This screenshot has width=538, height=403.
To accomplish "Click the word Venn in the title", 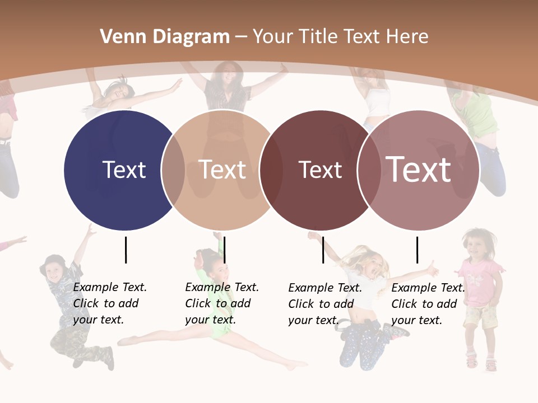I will (119, 37).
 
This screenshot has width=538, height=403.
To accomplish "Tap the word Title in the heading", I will (321, 37).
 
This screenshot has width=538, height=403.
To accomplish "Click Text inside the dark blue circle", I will (124, 170).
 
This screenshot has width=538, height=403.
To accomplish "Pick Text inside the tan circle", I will (222, 170).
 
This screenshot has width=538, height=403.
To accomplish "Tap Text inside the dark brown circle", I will (320, 170).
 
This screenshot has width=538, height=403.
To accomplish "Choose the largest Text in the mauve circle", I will (419, 170).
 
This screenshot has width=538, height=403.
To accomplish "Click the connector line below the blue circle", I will (126, 250).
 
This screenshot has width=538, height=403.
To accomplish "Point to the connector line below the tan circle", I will (224, 250).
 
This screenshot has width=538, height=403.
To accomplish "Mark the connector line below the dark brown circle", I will (323, 250).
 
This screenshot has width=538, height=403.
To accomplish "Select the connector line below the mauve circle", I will (417, 250).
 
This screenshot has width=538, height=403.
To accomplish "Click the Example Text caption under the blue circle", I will (110, 303).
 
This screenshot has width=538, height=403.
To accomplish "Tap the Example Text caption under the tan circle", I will (222, 303).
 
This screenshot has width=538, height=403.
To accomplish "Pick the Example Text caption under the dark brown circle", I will (325, 304).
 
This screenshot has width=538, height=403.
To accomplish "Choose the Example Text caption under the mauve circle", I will (428, 304).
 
